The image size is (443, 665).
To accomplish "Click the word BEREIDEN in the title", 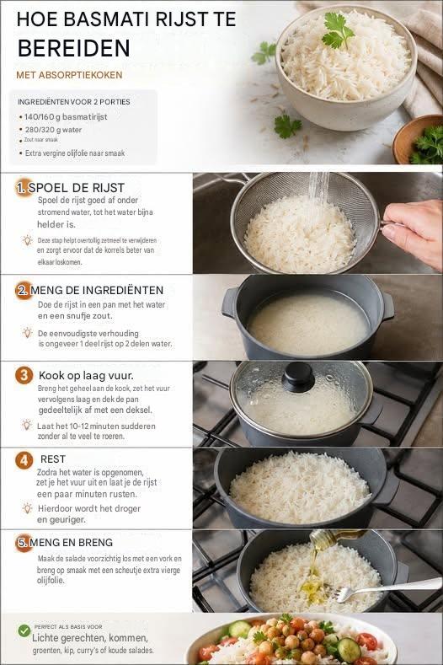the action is point(74,48).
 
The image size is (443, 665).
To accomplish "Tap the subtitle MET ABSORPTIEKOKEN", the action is point(69,75).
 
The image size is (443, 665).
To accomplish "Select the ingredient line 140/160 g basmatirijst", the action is point(66,116).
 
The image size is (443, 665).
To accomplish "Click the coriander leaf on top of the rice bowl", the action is point(338,29).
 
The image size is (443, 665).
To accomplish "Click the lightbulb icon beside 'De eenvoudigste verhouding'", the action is point(27,332).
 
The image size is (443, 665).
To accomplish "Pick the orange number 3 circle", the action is point(24,376).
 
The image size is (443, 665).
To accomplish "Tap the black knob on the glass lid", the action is point(298,377).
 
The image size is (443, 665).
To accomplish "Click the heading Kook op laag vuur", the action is point(86,375).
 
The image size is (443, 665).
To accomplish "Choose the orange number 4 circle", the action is point(24,460).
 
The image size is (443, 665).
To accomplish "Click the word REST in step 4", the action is point(53,459).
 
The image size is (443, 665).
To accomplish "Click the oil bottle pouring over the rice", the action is point(335,538).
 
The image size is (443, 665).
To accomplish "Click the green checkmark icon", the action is point(24,630).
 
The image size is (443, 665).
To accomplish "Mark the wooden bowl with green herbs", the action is point(419,139).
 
